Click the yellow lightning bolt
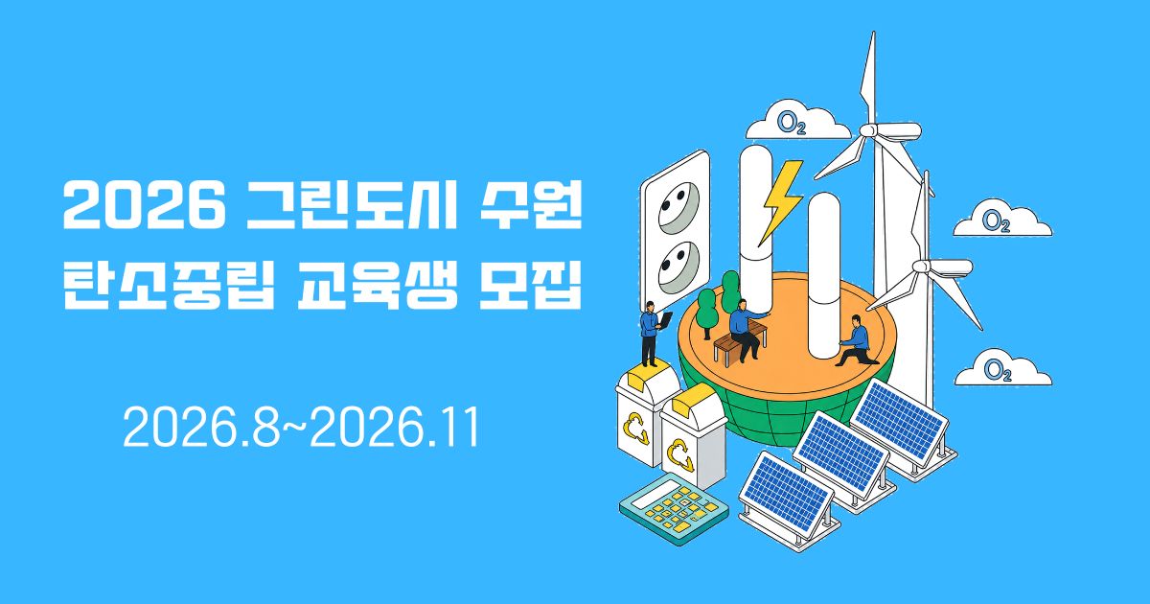click(780, 202)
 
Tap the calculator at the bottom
click(674, 508)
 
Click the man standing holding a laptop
click(652, 334)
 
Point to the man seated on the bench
click(746, 330)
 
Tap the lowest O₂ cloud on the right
click(1002, 368)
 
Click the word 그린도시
click(352, 204)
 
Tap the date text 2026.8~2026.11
click(301, 428)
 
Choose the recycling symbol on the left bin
click(636, 428)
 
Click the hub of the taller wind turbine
click(868, 130)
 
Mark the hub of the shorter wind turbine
click(922, 267)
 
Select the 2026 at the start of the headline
click(145, 204)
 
